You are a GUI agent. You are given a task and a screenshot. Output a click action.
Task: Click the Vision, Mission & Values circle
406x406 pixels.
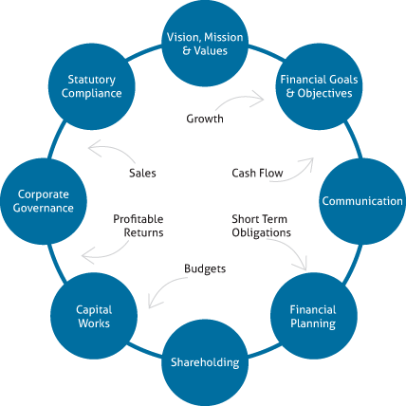click(205, 44)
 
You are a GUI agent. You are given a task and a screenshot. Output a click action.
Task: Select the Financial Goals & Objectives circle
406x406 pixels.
click(319, 86)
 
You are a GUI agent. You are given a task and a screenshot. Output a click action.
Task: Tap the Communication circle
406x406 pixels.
click(362, 201)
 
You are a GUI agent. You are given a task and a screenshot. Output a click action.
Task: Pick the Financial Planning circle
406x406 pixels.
click(314, 316)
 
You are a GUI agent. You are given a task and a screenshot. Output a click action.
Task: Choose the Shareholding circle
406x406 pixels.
click(205, 362)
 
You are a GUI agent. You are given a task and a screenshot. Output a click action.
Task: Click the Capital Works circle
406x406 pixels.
click(94, 316)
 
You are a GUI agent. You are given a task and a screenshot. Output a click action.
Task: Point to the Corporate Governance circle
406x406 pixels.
click(44, 201)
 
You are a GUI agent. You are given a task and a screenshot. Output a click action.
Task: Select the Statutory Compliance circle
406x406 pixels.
click(92, 86)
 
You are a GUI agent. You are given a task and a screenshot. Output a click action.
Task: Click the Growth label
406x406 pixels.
click(205, 119)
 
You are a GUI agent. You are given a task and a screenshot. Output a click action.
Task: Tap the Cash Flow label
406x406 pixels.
click(257, 173)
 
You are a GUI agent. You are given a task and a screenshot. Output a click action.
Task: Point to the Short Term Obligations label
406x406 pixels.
click(261, 226)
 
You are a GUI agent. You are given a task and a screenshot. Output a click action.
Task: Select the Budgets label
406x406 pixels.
click(205, 269)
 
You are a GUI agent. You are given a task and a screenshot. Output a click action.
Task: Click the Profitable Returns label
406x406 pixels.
click(138, 226)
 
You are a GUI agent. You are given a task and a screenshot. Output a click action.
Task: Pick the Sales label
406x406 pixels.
click(142, 173)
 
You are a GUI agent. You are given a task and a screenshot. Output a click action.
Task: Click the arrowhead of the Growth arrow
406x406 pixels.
click(260, 99)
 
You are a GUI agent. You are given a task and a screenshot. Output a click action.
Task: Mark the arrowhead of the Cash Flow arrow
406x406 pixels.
click(308, 162)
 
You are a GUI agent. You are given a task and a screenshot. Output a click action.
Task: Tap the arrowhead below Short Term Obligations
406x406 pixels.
click(303, 265)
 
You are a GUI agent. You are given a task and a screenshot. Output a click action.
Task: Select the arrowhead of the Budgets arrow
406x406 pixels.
click(154, 303)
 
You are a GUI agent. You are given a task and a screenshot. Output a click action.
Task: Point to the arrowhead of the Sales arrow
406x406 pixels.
click(94, 148)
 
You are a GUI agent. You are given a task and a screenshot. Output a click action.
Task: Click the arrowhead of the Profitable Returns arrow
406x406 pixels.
click(87, 257)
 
